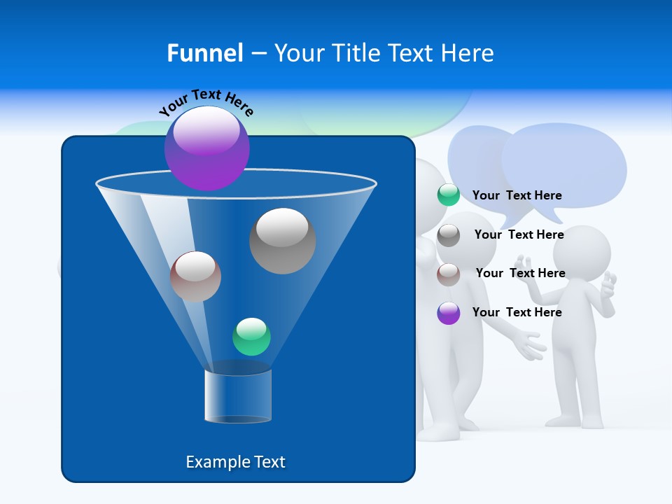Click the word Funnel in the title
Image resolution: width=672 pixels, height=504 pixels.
click(204, 53)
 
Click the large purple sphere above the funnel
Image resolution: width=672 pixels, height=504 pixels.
click(207, 148)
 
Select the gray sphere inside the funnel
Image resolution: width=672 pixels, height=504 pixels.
click(283, 241)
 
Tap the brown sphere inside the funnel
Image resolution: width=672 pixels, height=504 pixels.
click(195, 276)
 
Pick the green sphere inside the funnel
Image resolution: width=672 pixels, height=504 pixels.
click(251, 337)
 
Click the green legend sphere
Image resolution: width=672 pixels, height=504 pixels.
click(449, 195)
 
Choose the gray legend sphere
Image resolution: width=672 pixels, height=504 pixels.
click(449, 235)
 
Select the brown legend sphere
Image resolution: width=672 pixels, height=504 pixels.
click(449, 274)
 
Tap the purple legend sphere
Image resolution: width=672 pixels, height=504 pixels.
click(449, 313)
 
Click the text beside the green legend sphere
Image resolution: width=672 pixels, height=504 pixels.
click(517, 195)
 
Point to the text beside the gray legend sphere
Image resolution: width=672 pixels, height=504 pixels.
click(519, 234)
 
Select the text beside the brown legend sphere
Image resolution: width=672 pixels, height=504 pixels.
click(520, 273)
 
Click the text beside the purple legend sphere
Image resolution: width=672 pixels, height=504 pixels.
click(517, 312)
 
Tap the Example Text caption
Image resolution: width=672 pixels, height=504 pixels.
click(236, 462)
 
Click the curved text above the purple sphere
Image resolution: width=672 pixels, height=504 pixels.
click(206, 101)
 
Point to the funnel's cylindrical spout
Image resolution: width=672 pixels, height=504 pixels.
click(238, 396)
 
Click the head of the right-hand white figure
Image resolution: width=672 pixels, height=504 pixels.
click(582, 253)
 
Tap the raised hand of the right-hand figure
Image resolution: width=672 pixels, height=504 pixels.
click(609, 286)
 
